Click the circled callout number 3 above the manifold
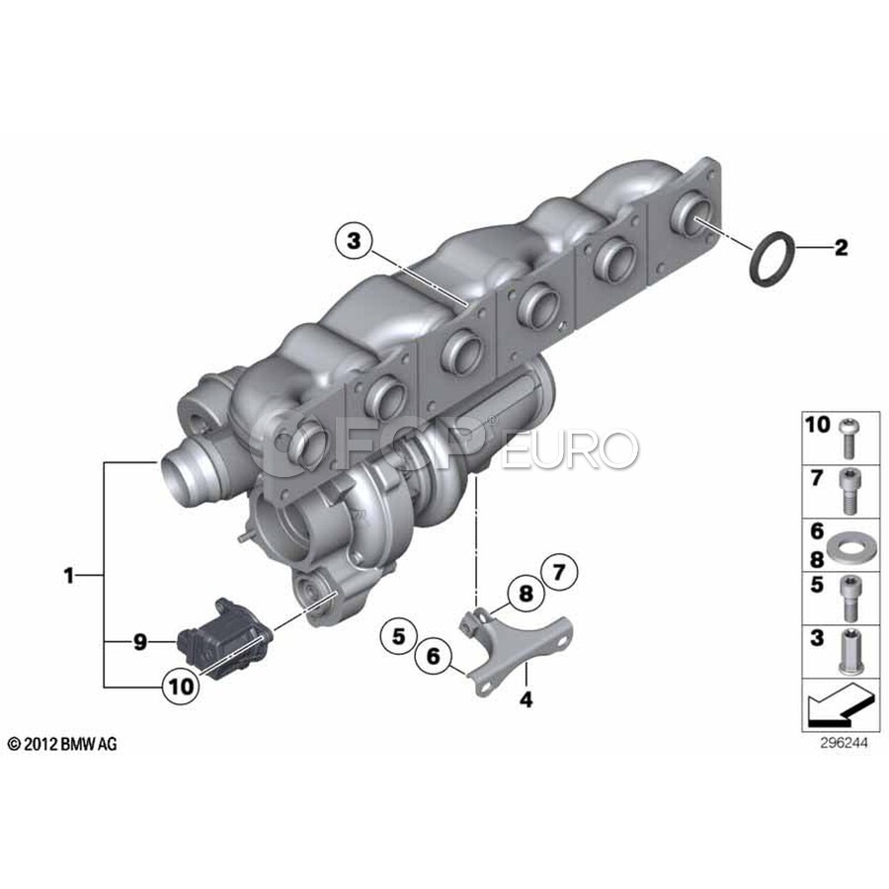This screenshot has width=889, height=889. pyautogui.click(x=354, y=242)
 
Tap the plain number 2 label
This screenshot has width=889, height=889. pyautogui.click(x=841, y=247)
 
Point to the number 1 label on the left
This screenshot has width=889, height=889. pyautogui.click(x=68, y=576)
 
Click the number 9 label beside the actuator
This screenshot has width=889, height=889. pyautogui.click(x=140, y=642)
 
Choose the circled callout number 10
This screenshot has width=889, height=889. pyautogui.click(x=182, y=687)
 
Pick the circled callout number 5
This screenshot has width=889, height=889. pyautogui.click(x=399, y=636)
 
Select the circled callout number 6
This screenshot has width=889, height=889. pyautogui.click(x=434, y=657)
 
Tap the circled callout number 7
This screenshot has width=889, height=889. pyautogui.click(x=559, y=573)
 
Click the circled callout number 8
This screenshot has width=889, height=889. pyautogui.click(x=526, y=594)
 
